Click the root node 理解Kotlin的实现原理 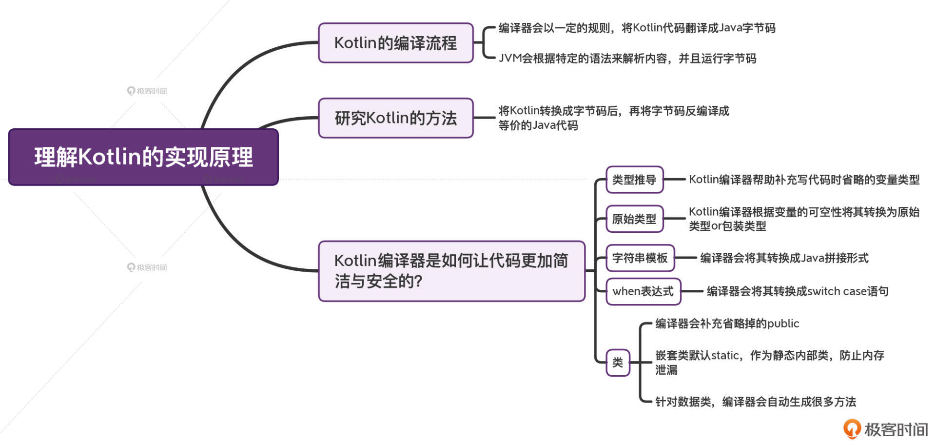click(x=143, y=157)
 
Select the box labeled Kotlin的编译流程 click(x=395, y=43)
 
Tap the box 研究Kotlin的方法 click(x=395, y=118)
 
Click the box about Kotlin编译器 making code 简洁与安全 click(x=451, y=271)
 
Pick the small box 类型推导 click(x=634, y=180)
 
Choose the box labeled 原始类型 click(x=634, y=219)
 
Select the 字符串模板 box click(x=640, y=258)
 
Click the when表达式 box click(x=643, y=291)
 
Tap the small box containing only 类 click(x=618, y=363)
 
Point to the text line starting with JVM click(x=627, y=59)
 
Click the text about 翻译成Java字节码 click(x=637, y=28)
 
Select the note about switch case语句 click(x=798, y=291)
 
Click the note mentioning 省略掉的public click(x=727, y=324)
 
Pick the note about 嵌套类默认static click(x=769, y=362)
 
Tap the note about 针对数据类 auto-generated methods click(x=756, y=402)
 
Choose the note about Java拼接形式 click(x=784, y=258)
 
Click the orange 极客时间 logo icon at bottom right click(x=852, y=429)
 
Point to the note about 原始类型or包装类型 click(x=804, y=219)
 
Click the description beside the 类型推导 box click(x=804, y=180)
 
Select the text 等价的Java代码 click(x=538, y=125)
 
